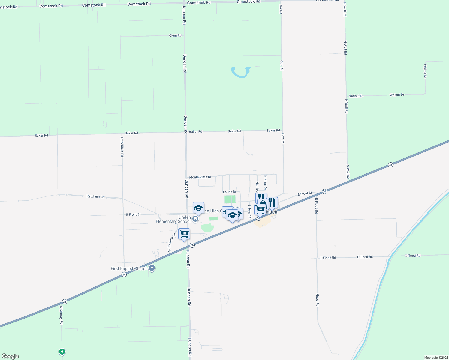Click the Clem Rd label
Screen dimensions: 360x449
175,35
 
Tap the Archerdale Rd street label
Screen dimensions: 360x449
122,147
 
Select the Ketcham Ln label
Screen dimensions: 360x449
95,196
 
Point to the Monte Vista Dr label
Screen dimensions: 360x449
200,177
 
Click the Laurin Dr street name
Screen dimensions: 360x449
230,192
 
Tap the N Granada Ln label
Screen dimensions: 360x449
172,242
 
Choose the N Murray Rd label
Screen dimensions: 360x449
61,315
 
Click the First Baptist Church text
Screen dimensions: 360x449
129,268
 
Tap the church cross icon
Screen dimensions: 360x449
152,268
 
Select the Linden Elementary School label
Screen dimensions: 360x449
173,219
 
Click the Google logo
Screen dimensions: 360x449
10,356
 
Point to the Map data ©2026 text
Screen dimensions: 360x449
436,358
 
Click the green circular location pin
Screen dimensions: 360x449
62,352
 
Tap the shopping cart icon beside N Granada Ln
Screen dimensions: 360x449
184,233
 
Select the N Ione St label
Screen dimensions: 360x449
249,212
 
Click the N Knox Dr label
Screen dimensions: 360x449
265,182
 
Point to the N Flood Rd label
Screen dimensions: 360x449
316,205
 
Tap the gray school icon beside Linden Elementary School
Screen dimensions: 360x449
195,219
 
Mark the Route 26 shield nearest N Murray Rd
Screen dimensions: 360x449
65,301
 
